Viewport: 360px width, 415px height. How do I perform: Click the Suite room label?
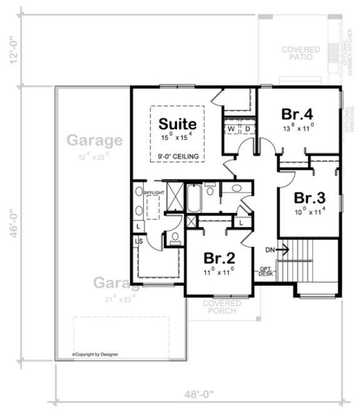[x=177, y=123]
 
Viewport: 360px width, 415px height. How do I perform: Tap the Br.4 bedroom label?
[x=297, y=114]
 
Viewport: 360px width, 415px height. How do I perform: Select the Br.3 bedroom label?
[x=310, y=198]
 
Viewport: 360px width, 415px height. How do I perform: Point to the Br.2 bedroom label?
[x=219, y=257]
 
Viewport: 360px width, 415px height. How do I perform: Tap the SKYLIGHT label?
[x=154, y=192]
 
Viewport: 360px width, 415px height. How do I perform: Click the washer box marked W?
[x=231, y=129]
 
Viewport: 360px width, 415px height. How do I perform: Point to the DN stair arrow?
[x=276, y=249]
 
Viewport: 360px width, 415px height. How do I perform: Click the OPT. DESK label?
[x=266, y=271]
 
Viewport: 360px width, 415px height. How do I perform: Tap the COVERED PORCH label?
[x=219, y=307]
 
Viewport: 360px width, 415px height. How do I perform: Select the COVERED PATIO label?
[x=301, y=54]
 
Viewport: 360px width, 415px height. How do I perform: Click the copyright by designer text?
[x=95, y=354]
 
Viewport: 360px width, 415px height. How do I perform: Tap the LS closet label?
[x=139, y=242]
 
